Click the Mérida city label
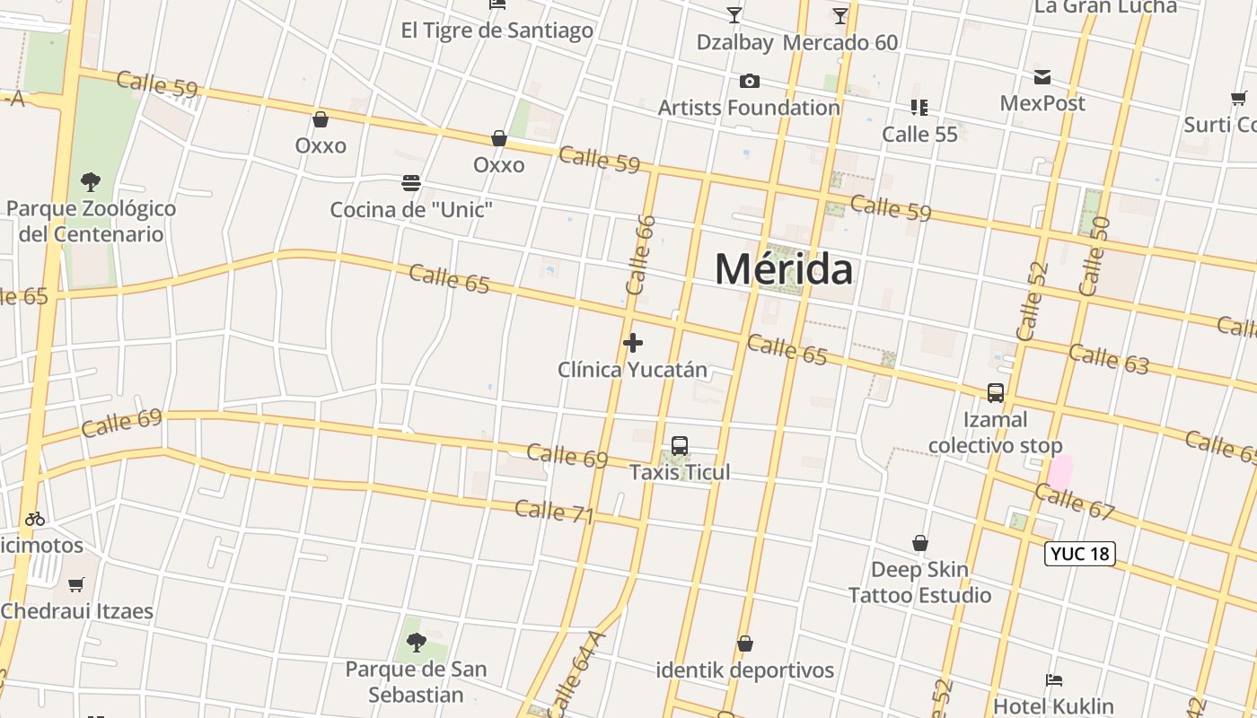click(784, 269)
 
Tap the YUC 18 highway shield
click(1080, 554)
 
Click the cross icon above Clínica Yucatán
click(633, 343)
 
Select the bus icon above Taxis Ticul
click(680, 446)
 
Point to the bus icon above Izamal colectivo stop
click(996, 393)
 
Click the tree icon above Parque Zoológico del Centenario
click(90, 182)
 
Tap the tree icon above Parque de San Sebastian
click(416, 643)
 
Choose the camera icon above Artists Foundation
click(749, 82)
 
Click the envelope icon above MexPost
click(1042, 77)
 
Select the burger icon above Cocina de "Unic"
click(411, 184)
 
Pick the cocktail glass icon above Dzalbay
click(734, 15)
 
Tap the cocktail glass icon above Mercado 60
click(840, 15)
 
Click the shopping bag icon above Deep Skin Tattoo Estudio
click(920, 543)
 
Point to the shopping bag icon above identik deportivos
click(744, 644)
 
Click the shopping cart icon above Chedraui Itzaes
click(76, 585)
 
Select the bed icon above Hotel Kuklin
click(1054, 680)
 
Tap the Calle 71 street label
click(554, 512)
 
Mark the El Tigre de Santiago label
click(497, 31)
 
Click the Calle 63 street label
click(1108, 358)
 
